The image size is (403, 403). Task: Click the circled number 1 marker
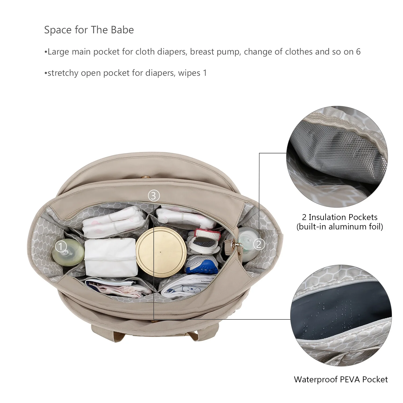click(61, 246)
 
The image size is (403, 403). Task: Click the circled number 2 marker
click(259, 244)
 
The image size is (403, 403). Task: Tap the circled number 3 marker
click(154, 196)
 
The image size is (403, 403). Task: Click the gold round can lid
click(161, 252)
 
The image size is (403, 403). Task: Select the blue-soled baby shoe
click(201, 264)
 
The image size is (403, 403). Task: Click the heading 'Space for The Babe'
click(89, 30)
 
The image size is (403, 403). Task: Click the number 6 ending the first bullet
click(358, 52)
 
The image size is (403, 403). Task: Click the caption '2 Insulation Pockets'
click(340, 217)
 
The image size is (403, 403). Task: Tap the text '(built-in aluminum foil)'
click(340, 227)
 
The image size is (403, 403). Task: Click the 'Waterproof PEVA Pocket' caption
click(341, 379)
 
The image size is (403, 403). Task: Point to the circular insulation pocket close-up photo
click(337, 157)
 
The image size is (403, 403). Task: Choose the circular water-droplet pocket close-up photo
click(341, 315)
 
